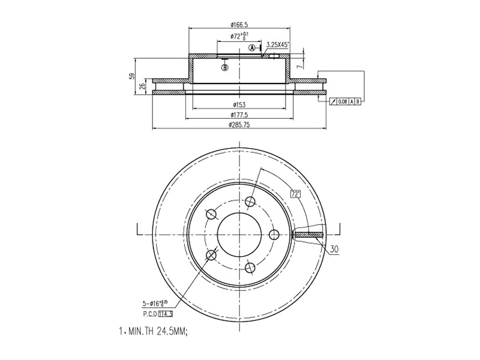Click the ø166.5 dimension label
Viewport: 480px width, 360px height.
239,25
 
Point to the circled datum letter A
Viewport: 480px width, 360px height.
253,47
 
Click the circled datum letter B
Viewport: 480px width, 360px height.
225,68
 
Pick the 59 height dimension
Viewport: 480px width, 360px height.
131,76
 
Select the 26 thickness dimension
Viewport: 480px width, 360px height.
142,86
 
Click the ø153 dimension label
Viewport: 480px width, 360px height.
239,105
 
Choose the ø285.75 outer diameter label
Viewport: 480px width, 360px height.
239,125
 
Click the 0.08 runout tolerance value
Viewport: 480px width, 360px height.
342,101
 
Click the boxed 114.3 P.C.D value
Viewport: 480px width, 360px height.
166,313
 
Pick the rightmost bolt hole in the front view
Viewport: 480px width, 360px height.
274,234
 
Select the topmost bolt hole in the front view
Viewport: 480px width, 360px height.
250,201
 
